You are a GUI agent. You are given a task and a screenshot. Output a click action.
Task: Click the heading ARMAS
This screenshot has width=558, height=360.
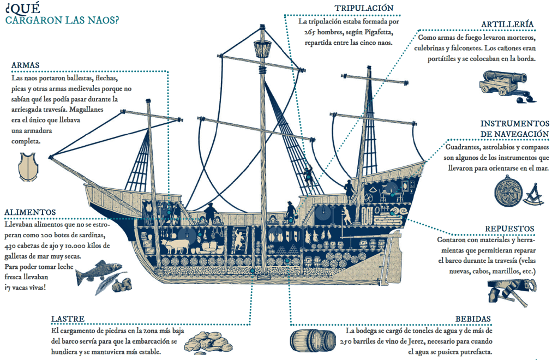(x=25, y=65)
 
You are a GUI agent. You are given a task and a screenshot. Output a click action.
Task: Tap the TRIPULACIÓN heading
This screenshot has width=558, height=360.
(x=364, y=8)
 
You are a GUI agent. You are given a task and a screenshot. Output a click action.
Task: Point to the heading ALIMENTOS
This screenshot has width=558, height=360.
(x=30, y=212)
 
